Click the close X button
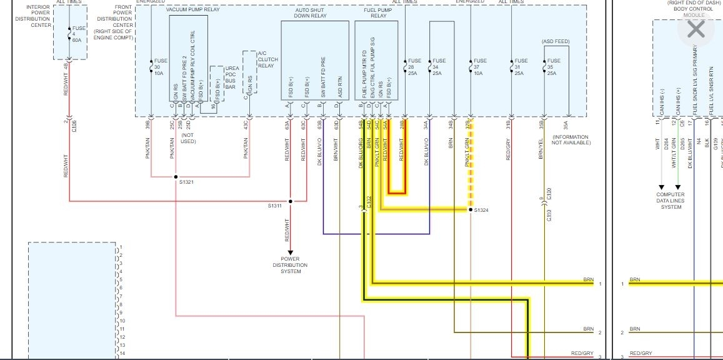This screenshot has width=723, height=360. coord(695,29)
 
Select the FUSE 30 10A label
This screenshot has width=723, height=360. coord(161,67)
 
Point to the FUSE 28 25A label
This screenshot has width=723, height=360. coord(414,67)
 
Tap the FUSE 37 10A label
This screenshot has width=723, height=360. coord(481,67)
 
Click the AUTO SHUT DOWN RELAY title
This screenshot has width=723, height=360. coord(311,13)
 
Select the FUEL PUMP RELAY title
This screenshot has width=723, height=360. coord(375,13)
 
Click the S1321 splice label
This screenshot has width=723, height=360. coord(186,182)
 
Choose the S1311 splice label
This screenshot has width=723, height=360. coord(275,205)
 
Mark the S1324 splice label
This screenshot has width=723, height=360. coord(482,211)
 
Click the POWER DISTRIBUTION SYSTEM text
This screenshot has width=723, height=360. coord(290,265)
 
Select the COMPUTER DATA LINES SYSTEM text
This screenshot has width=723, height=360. coord(670,201)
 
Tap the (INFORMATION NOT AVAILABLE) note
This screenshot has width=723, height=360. coord(571,140)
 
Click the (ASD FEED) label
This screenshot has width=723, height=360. coord(556,41)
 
